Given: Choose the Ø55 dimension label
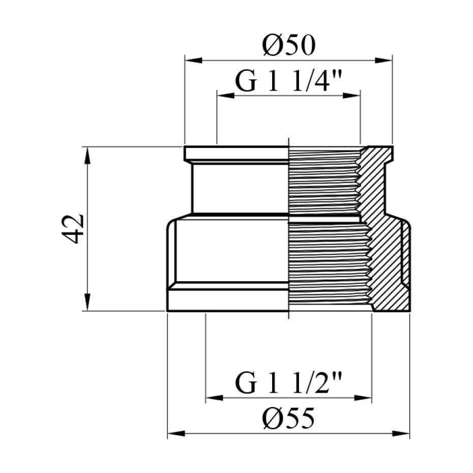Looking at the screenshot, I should pos(288,420).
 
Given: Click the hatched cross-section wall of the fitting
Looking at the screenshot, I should pos(389,264).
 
